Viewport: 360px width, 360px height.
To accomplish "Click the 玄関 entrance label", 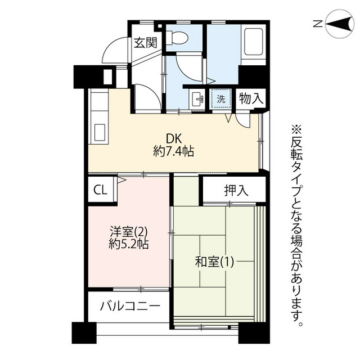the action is click(x=146, y=43).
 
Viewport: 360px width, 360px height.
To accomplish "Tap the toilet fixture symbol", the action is click(x=177, y=38).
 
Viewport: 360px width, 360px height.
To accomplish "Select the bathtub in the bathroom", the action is click(x=254, y=42).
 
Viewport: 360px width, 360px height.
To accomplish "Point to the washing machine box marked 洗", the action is click(x=221, y=99).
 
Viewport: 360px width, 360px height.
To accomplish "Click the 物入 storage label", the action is click(x=251, y=98).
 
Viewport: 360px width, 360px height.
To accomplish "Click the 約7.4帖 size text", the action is click(x=174, y=151).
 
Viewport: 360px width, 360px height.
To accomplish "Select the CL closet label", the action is click(x=100, y=190).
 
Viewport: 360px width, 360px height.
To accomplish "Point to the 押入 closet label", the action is click(x=236, y=191).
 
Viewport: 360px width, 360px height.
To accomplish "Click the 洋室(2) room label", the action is click(x=128, y=232).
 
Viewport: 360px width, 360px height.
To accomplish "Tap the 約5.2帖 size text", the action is click(x=128, y=244).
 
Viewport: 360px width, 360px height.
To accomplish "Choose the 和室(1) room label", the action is click(x=214, y=262).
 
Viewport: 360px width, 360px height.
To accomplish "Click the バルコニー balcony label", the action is click(x=130, y=306).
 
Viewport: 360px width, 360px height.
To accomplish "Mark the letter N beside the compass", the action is click(x=318, y=24).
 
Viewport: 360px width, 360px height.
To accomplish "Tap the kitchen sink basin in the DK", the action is click(x=100, y=133).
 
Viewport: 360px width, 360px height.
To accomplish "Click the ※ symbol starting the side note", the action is click(x=296, y=130).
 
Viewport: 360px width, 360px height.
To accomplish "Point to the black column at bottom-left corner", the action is click(x=84, y=332).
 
